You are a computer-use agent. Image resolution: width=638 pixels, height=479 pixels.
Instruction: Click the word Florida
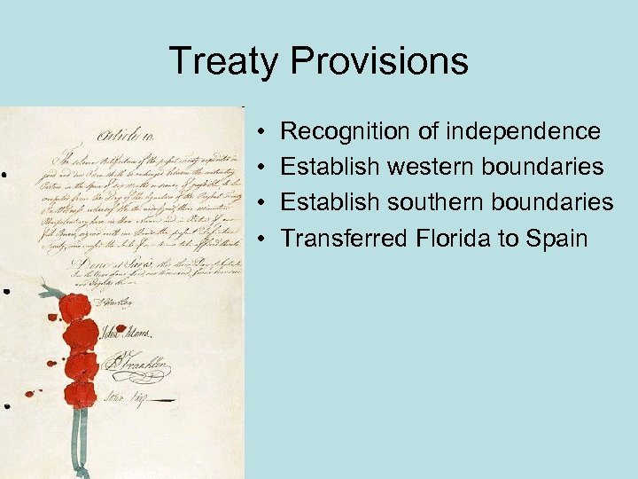pyautogui.click(x=444, y=238)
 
